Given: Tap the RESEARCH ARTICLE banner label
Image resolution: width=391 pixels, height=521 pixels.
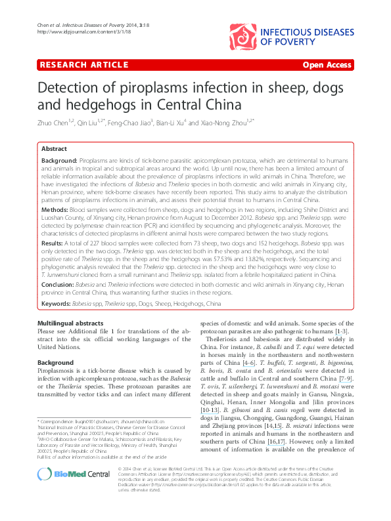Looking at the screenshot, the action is pyautogui.click(x=83, y=65).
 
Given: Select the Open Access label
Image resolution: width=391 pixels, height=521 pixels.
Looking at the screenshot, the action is pyautogui.click(x=327, y=65).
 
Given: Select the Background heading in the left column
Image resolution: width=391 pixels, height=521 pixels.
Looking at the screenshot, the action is pyautogui.click(x=56, y=362).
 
